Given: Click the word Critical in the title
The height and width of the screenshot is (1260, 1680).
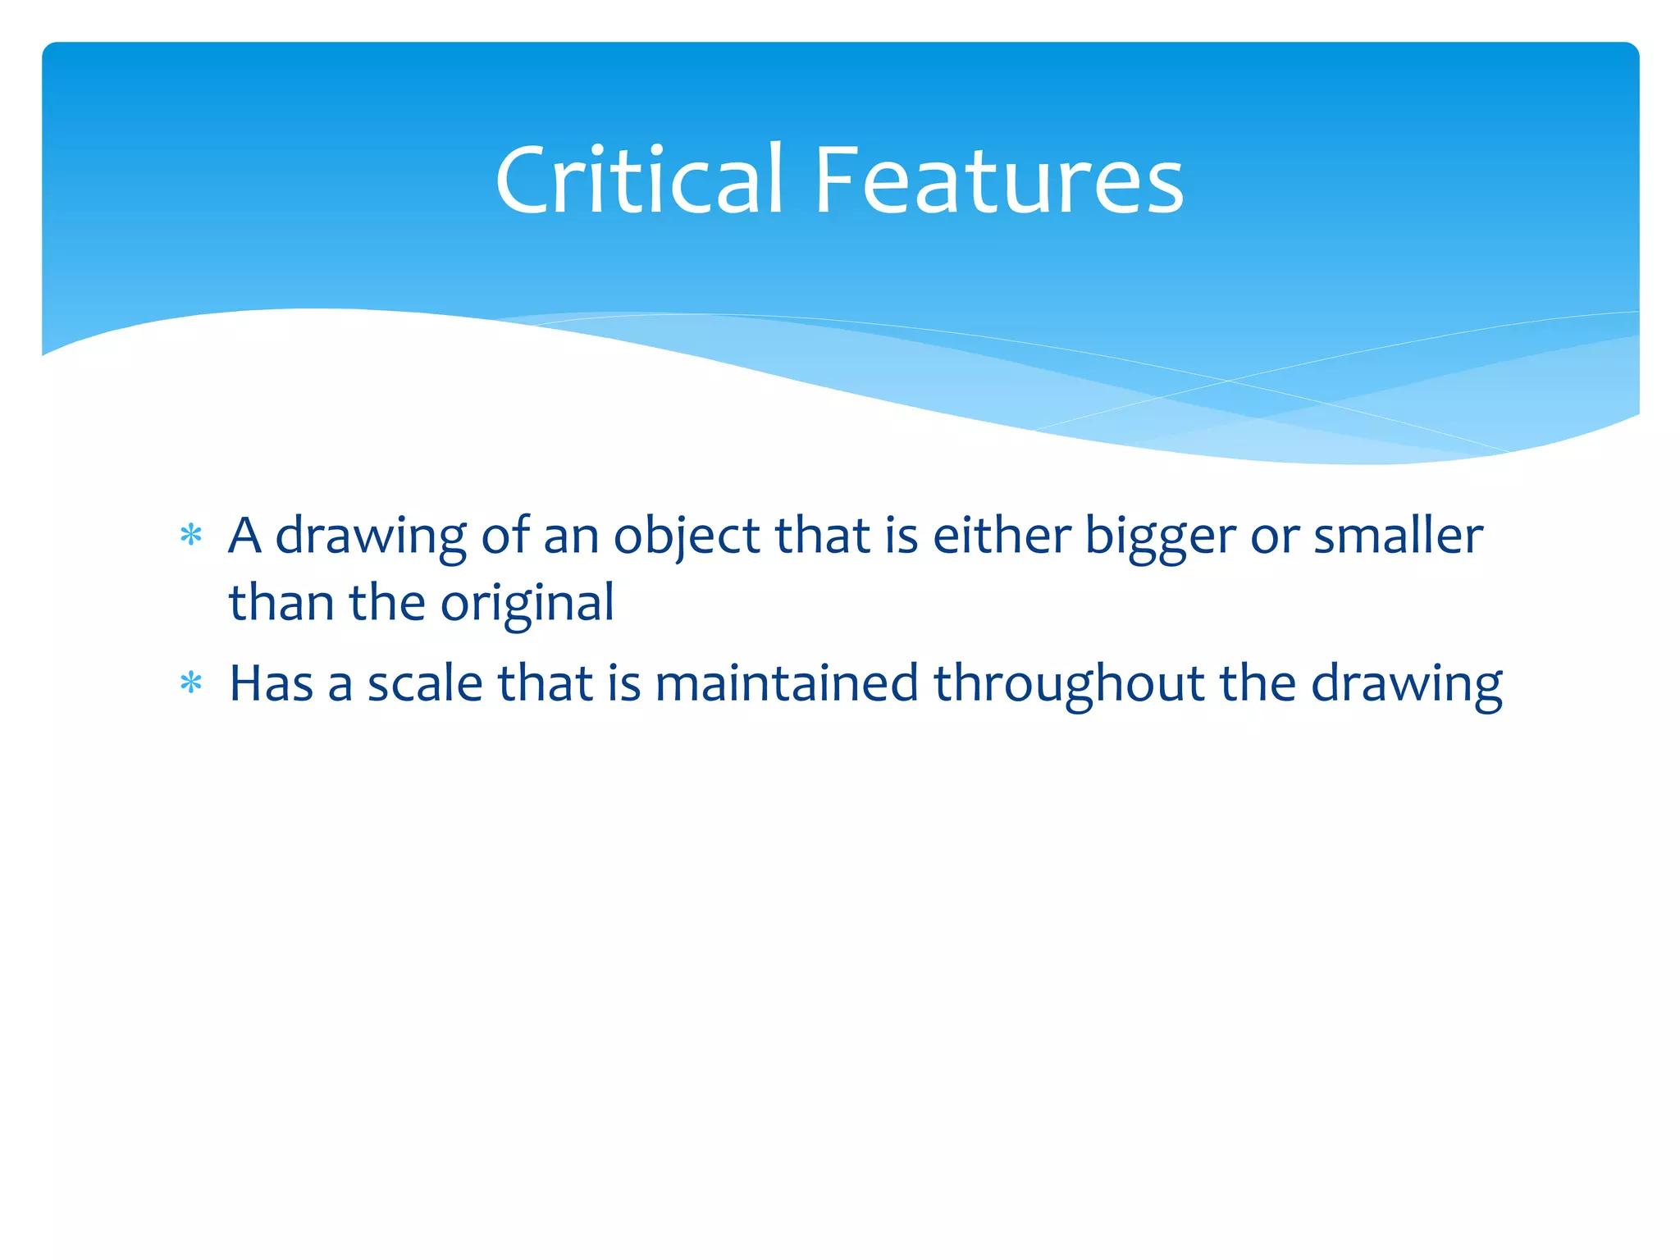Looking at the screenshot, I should pyautogui.click(x=638, y=180).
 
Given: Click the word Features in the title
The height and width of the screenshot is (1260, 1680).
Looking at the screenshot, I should pyautogui.click(x=998, y=180).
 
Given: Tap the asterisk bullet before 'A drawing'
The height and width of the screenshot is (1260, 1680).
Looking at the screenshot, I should pyautogui.click(x=191, y=536).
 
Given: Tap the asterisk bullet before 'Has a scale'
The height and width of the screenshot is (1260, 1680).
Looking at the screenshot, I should pyautogui.click(x=191, y=683).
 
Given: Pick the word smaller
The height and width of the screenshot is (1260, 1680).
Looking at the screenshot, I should pyautogui.click(x=1398, y=536).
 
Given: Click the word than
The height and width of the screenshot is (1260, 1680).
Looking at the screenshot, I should pyautogui.click(x=281, y=603).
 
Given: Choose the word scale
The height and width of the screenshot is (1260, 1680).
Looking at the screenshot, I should pyautogui.click(x=424, y=683).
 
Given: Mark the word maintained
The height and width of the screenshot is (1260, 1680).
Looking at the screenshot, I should pyautogui.click(x=786, y=683).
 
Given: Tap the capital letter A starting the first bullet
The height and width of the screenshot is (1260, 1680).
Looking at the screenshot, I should pyautogui.click(x=244, y=536).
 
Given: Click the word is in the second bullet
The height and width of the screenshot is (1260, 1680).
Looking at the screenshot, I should pyautogui.click(x=624, y=683).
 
